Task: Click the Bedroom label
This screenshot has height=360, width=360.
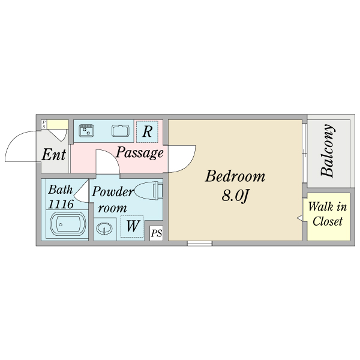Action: pos(235,176)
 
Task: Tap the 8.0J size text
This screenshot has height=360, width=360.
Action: pos(235,196)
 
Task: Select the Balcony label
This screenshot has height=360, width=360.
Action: pos(327,151)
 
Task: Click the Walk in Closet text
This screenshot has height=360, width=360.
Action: pos(328,214)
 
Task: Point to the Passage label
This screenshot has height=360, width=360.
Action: pos(140,152)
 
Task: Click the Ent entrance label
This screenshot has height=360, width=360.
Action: pos(54,154)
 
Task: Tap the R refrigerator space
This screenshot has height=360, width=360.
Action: pos(147,131)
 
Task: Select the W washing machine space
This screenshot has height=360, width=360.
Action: pos(132,226)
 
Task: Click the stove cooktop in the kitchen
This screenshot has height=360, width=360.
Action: pos(86,131)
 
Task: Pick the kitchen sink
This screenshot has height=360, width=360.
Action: pos(121,131)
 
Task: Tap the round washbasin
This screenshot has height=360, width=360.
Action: pos(104,229)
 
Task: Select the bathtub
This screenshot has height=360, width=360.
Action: pos(68,224)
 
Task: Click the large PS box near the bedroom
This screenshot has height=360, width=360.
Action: pos(157,233)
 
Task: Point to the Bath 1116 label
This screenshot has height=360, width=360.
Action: pos(61,197)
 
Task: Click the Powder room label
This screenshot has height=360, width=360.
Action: pos(113,200)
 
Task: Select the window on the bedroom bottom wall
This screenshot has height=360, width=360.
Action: pos(200,244)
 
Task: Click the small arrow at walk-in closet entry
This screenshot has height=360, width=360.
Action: pos(299,218)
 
